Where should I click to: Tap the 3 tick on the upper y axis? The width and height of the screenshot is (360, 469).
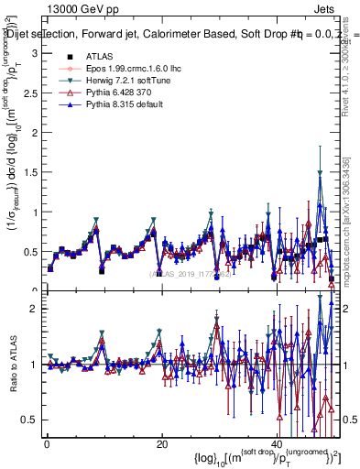point(33,54)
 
